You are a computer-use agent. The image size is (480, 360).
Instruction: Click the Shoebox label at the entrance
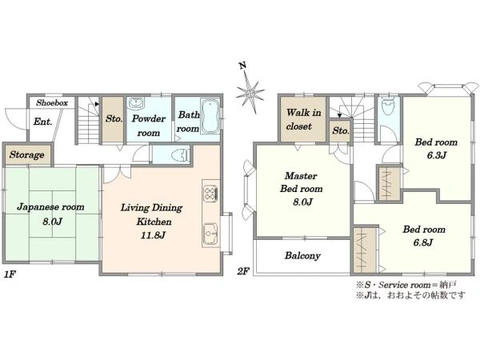[x=52, y=103]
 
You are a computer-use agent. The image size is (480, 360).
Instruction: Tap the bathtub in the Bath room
[x=210, y=116]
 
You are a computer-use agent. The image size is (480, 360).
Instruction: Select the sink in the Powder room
[x=136, y=103]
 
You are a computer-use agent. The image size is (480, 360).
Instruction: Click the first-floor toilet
[x=180, y=155]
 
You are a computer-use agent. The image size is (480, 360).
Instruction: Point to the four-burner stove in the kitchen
[x=210, y=194]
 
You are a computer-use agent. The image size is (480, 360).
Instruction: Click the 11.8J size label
[x=154, y=235]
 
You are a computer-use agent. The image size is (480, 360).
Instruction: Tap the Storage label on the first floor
[x=26, y=155]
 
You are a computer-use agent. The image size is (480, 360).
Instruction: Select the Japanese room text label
[x=50, y=207]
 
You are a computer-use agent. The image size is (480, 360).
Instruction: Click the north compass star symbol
[x=250, y=92]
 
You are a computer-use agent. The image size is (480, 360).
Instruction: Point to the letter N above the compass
[x=242, y=66]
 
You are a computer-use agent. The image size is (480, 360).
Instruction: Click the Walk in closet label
[x=303, y=119]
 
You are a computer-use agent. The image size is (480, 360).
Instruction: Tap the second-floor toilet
[x=388, y=106]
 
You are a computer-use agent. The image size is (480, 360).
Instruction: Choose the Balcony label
[x=302, y=256]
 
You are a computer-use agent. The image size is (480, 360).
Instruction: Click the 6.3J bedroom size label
[x=437, y=155]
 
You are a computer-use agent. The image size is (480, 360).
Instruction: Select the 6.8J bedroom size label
[x=423, y=242]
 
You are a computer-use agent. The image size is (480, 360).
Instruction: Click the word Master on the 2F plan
[x=301, y=176]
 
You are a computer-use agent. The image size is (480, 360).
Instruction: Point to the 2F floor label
[x=243, y=271]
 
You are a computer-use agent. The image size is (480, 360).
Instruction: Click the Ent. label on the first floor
[x=43, y=122]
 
